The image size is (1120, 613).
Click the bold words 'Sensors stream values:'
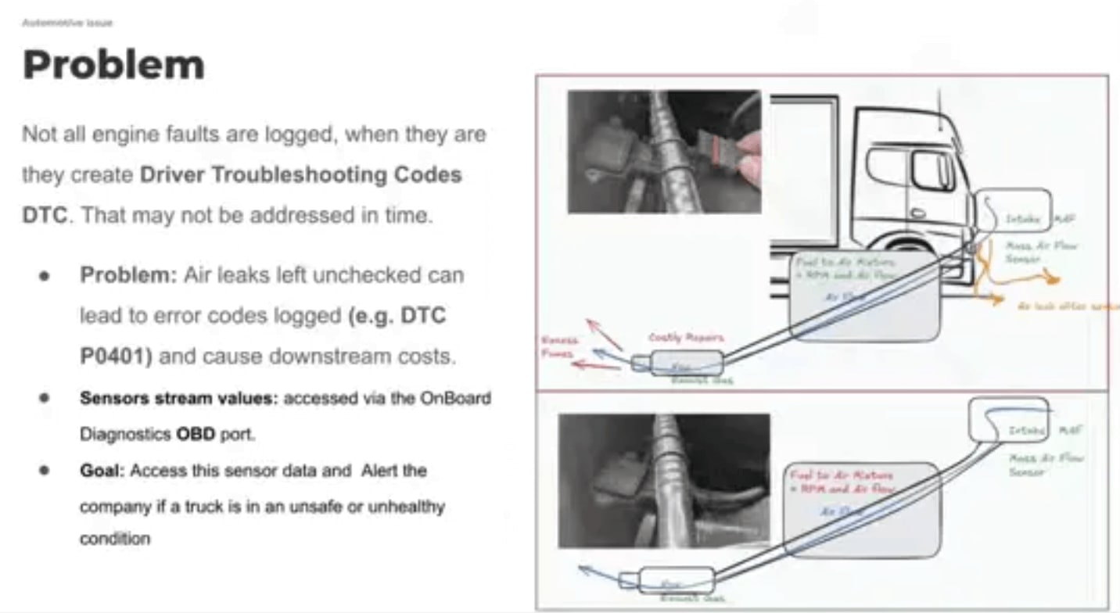[x=178, y=397]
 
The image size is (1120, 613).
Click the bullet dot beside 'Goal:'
[x=45, y=471]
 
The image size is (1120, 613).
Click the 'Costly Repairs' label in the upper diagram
[x=686, y=337]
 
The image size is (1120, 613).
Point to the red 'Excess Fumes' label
[x=558, y=346]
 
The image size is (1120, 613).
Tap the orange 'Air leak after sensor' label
[x=1067, y=306]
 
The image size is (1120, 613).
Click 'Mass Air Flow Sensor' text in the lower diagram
[x=1045, y=464]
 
